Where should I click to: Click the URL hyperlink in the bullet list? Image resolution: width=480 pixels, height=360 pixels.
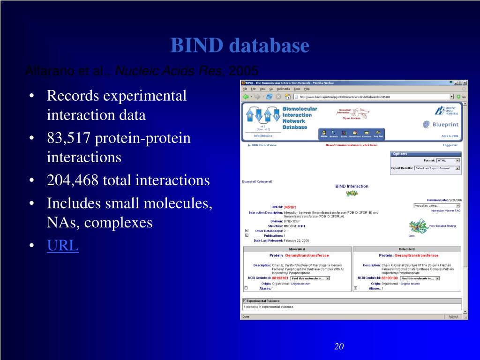(x=62, y=245)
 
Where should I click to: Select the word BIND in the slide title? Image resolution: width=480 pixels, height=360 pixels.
(x=197, y=45)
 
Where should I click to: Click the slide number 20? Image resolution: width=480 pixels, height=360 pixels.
(x=339, y=346)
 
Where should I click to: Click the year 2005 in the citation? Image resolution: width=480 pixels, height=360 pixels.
(x=244, y=71)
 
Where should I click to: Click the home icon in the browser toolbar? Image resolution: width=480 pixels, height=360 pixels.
(x=287, y=97)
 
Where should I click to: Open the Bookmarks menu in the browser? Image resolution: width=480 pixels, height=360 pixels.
(x=283, y=89)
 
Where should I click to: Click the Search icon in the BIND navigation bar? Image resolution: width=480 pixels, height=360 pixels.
(x=333, y=134)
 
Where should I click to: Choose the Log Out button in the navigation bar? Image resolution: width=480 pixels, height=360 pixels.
(x=378, y=134)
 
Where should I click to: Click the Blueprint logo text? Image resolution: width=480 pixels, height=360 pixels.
(x=440, y=124)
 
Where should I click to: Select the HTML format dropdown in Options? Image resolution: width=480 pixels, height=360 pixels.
(x=448, y=160)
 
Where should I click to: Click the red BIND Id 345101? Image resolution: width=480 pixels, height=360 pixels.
(x=290, y=207)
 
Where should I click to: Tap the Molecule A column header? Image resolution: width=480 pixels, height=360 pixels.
(x=297, y=249)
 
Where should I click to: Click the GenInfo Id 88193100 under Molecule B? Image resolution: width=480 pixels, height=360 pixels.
(x=390, y=278)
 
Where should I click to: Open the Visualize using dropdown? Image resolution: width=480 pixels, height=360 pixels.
(x=437, y=205)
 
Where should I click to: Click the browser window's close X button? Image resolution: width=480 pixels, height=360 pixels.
(x=465, y=83)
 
